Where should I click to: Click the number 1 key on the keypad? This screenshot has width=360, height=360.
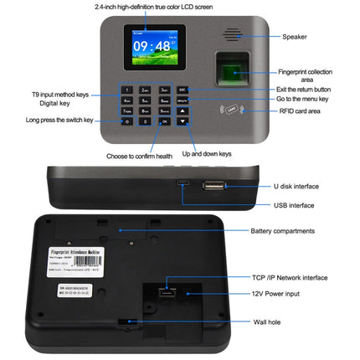point(127,89)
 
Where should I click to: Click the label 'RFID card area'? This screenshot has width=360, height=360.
point(300,109)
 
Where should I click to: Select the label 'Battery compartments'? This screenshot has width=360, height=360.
point(282,230)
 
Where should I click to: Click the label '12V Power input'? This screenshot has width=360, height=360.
point(277,294)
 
